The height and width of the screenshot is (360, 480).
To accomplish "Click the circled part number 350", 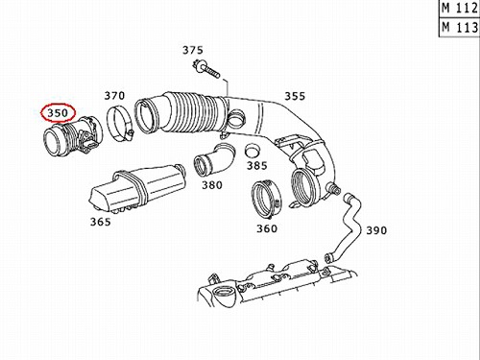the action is click(58, 112).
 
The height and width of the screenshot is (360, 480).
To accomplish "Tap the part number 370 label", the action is click(114, 95).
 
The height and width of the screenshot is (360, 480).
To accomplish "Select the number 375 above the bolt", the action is click(193, 50).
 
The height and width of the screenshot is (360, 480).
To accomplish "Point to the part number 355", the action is click(295, 96).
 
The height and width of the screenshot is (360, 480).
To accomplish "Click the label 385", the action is click(256, 165).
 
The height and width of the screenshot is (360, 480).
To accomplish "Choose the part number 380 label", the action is click(212, 185).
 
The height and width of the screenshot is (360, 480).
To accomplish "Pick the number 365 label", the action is click(101, 222).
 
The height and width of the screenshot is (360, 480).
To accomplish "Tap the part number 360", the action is click(267, 228).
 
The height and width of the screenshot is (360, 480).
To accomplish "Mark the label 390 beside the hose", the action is click(376, 230).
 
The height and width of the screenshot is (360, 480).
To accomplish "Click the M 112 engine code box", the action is click(460, 9).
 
